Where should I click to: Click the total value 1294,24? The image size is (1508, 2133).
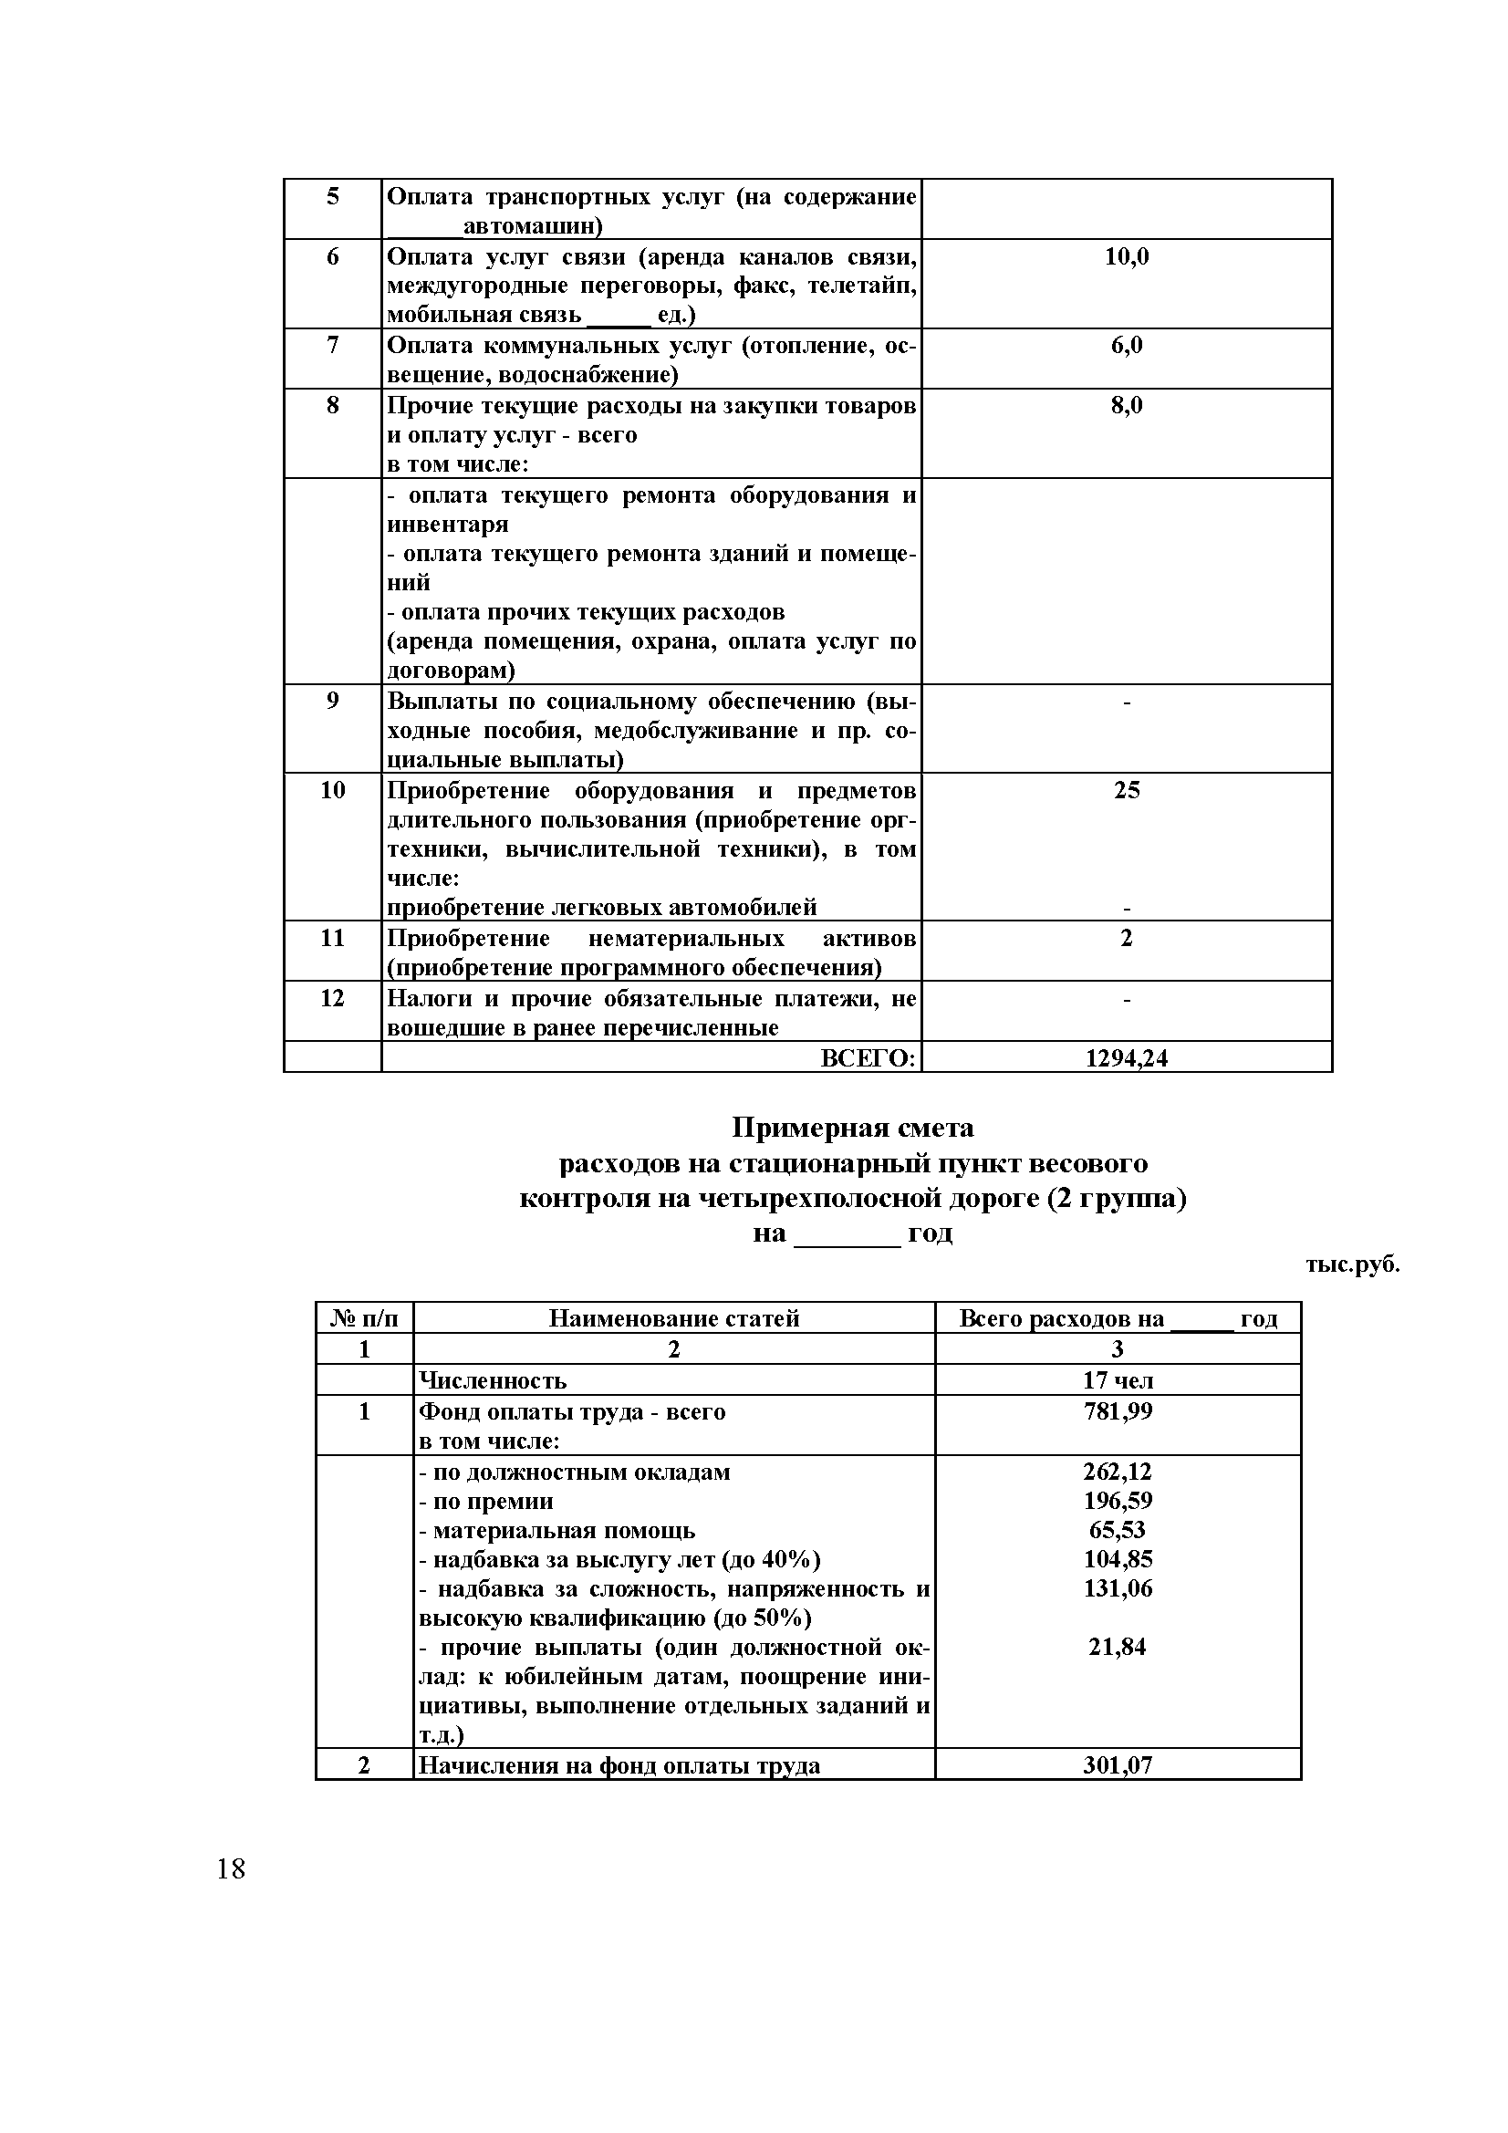coord(1126,1058)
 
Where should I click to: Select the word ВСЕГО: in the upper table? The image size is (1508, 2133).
coord(868,1058)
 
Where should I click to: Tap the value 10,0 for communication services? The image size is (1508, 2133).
coord(1126,257)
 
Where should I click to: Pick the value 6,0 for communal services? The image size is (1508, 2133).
coord(1126,346)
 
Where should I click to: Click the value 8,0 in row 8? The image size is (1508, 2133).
coord(1126,406)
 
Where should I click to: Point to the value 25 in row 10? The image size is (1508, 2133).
coord(1126,791)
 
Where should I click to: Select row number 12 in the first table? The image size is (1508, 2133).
coord(332,999)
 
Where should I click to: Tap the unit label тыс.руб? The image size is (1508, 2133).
coord(1352,1264)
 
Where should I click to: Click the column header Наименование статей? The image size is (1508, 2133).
coord(673,1318)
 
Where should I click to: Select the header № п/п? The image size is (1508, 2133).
coord(363,1318)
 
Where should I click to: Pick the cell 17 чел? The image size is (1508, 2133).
coord(1117,1380)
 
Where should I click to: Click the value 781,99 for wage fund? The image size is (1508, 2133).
coord(1117,1412)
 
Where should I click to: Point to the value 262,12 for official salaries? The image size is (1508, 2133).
coord(1117,1472)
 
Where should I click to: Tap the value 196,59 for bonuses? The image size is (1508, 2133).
coord(1117,1502)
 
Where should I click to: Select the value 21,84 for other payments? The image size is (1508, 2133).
coord(1117,1647)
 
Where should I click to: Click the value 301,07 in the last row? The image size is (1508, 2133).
coord(1117,1765)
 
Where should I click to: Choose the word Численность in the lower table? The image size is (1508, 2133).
coord(493,1380)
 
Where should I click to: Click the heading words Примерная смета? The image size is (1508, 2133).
coord(852,1128)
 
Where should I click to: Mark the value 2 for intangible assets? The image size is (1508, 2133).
coord(1126,938)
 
